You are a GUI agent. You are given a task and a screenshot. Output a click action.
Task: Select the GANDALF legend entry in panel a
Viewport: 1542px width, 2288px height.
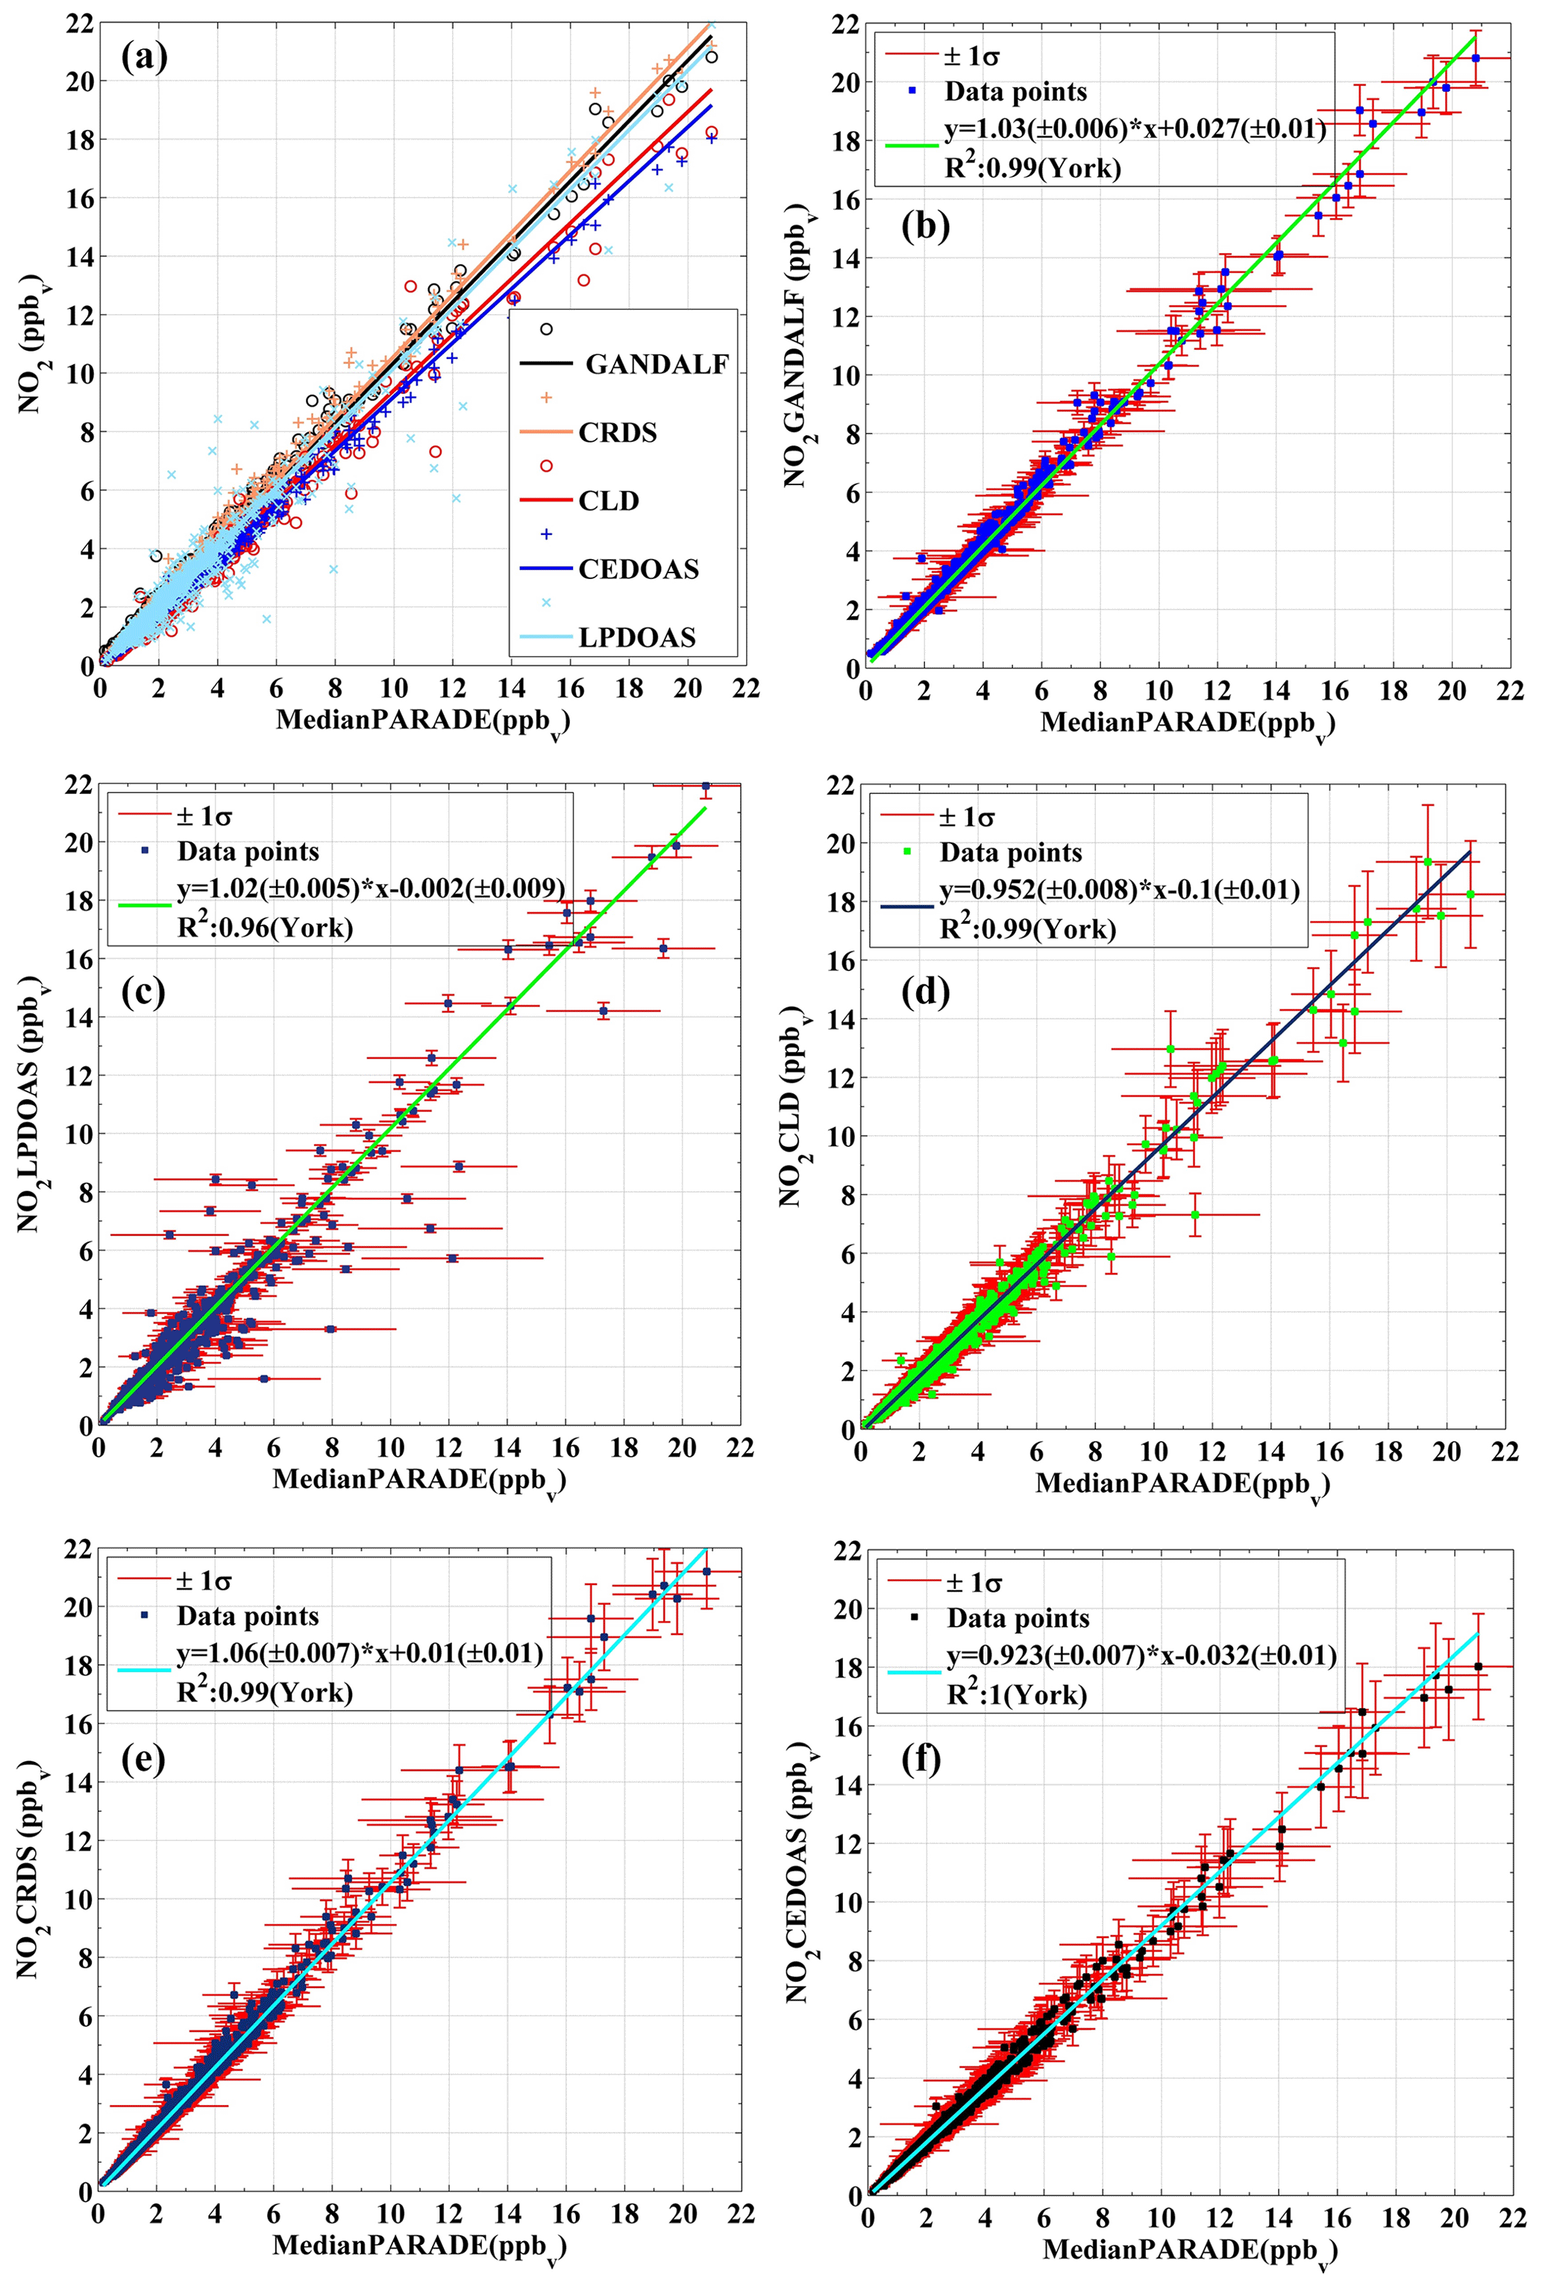pos(656,364)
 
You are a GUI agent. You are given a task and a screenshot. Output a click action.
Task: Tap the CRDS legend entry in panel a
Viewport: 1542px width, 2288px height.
pos(617,432)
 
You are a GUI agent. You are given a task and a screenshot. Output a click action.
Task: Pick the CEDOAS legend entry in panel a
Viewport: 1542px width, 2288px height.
pos(639,569)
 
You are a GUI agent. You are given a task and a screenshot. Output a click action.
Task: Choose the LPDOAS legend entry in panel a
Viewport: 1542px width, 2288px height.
pos(636,637)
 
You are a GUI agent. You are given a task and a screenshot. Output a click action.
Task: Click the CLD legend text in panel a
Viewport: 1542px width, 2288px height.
pos(608,501)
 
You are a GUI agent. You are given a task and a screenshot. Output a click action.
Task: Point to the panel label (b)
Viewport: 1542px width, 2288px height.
pos(925,226)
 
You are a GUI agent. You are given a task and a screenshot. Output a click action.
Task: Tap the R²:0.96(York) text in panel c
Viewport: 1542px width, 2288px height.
pos(265,927)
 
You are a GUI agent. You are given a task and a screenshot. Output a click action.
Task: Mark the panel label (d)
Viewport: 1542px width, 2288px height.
pos(925,993)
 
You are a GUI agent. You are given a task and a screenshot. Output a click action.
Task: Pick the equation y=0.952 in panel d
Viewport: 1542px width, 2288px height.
pos(1119,890)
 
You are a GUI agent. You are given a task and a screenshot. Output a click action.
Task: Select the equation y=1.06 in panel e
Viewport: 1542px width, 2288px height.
pos(359,1654)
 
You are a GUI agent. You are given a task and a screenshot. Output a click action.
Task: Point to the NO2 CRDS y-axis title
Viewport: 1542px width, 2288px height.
pos(31,1869)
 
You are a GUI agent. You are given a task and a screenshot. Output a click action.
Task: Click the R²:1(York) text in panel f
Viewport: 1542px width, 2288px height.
pos(1017,1694)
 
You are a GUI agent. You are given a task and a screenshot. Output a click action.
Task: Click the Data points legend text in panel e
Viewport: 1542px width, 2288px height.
pos(248,1616)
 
